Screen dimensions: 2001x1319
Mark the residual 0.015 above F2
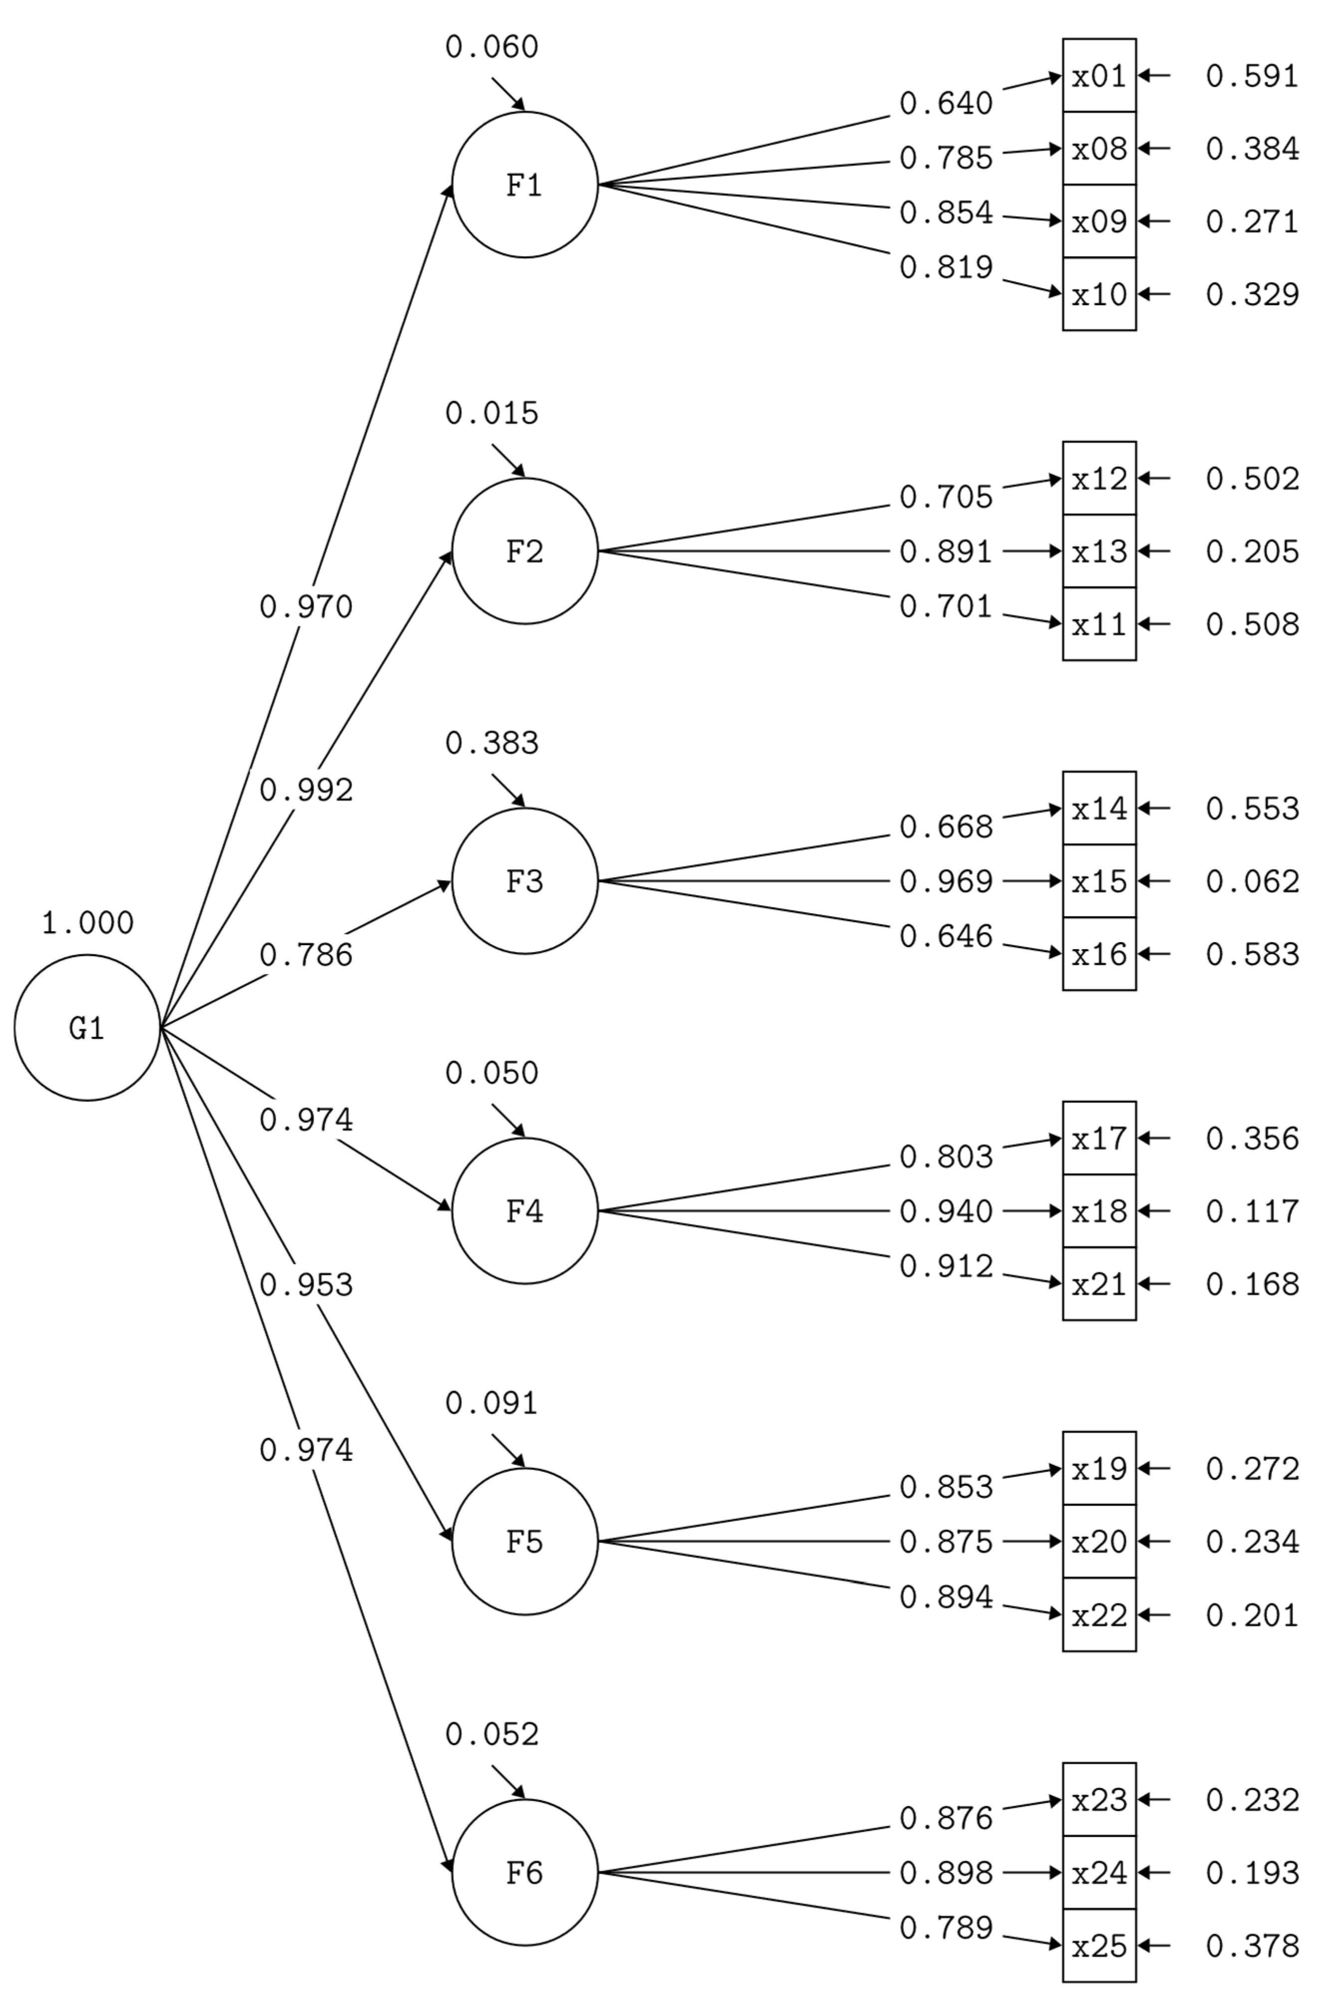(491, 413)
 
